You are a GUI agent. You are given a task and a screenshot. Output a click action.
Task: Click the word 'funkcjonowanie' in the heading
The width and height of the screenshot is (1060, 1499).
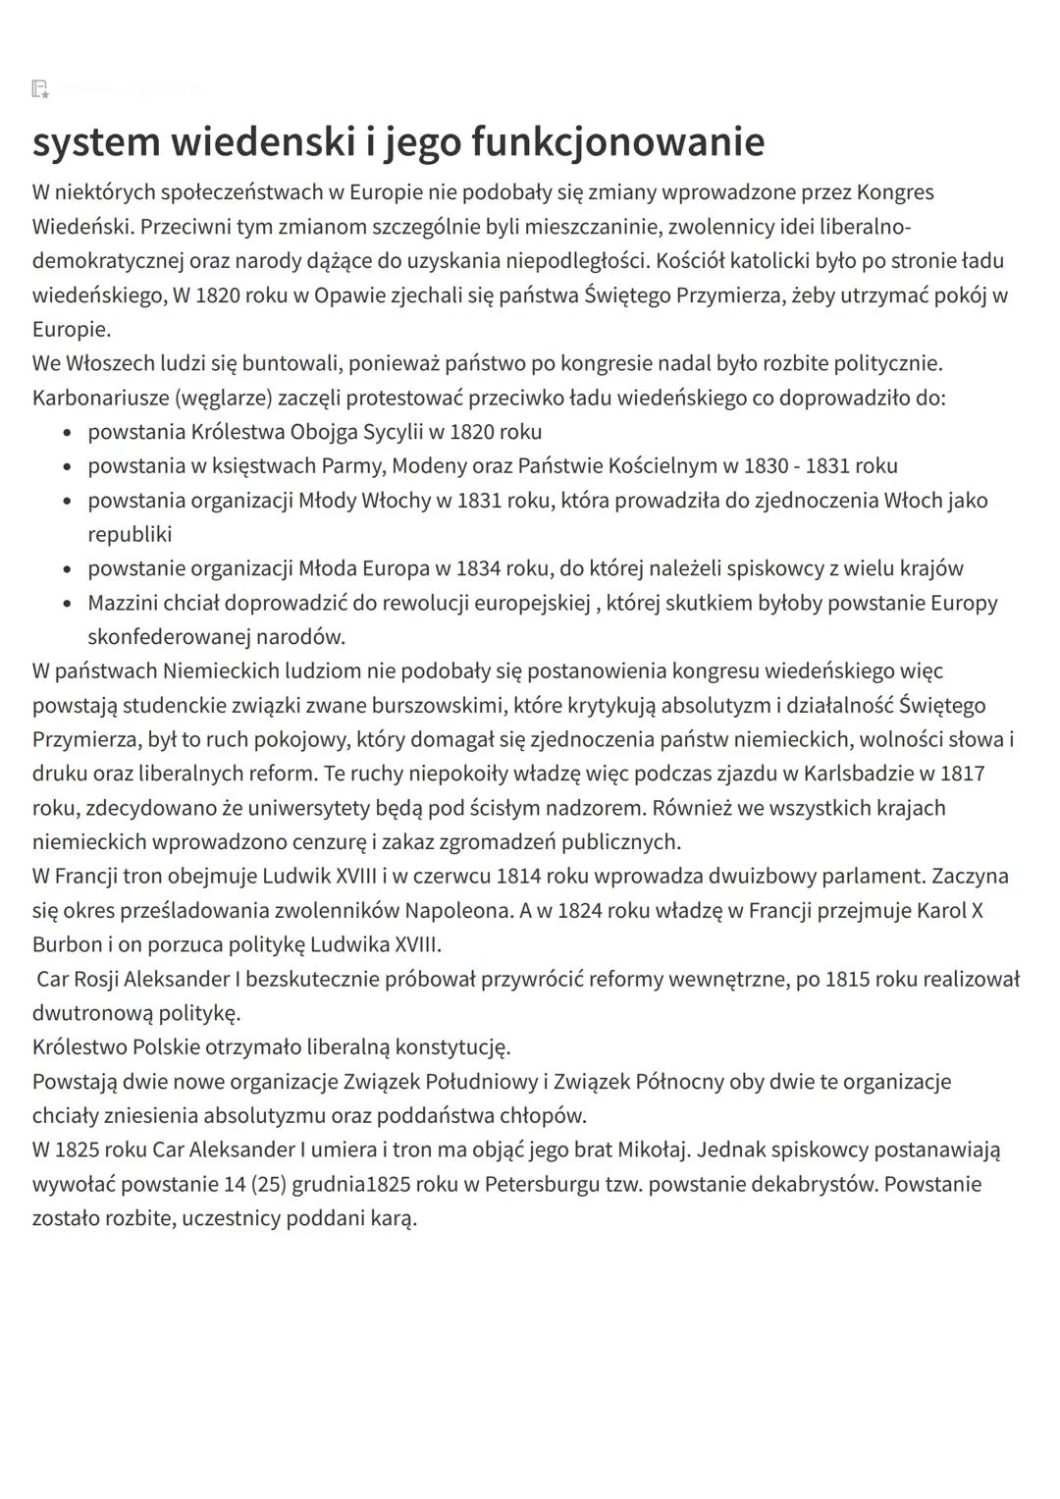(617, 141)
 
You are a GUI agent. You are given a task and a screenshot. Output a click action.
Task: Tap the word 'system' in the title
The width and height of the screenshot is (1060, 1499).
(95, 141)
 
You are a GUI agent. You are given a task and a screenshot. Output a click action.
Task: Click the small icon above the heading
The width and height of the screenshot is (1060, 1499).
(40, 89)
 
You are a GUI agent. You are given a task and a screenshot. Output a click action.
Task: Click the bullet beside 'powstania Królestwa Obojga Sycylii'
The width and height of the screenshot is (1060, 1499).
(67, 433)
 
